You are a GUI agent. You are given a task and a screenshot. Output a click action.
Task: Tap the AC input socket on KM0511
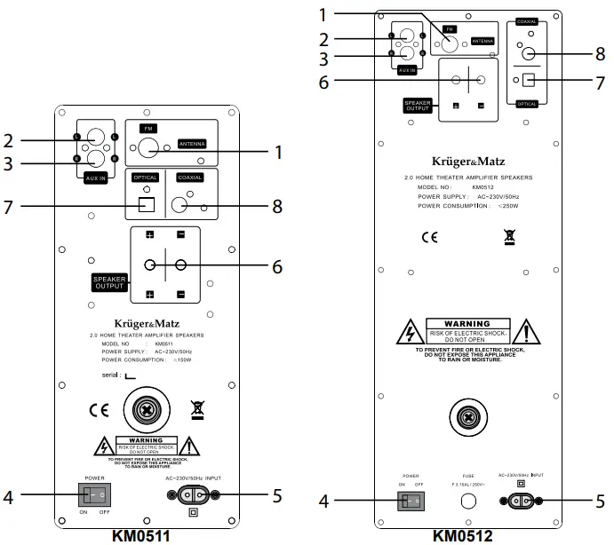[201, 495]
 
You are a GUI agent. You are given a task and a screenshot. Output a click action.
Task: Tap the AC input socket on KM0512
[521, 502]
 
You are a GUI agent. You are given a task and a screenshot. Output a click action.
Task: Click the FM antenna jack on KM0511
[148, 147]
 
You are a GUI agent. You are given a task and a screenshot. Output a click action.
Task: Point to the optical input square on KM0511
[148, 205]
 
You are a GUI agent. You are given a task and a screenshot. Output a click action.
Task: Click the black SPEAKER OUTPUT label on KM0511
[108, 283]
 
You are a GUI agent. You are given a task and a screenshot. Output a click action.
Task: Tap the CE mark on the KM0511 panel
[99, 410]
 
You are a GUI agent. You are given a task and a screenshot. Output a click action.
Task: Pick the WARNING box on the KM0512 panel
[467, 330]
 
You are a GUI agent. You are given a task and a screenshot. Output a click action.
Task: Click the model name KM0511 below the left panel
[141, 535]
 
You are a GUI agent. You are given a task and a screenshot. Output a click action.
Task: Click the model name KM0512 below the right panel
[463, 535]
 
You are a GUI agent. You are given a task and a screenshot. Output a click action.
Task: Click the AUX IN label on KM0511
[97, 178]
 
